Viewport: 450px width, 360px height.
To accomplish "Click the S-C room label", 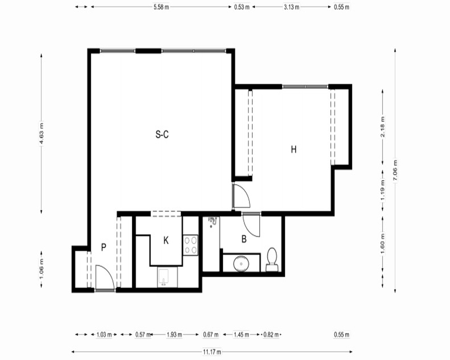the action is pyautogui.click(x=162, y=135).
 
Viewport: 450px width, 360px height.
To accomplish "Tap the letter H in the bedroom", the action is pyautogui.click(x=293, y=149).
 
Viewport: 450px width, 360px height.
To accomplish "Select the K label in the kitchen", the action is pyautogui.click(x=166, y=241).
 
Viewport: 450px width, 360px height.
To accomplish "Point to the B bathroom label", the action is pyautogui.click(x=244, y=239).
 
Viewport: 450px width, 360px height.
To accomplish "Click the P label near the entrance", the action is pyautogui.click(x=103, y=247).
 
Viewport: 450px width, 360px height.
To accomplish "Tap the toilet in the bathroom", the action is pyautogui.click(x=272, y=260).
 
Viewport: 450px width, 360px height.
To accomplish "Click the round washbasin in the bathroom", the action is pyautogui.click(x=241, y=264).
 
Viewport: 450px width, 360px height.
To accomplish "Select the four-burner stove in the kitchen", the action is pyautogui.click(x=190, y=245).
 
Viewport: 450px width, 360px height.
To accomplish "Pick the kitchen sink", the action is pyautogui.click(x=164, y=278).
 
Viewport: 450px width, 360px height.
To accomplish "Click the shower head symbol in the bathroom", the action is pyautogui.click(x=212, y=221).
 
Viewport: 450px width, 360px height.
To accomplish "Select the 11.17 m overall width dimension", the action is pyautogui.click(x=212, y=351).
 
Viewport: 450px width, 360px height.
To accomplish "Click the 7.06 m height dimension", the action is pyautogui.click(x=395, y=171).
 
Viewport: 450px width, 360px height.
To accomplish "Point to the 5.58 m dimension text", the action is pyautogui.click(x=161, y=7).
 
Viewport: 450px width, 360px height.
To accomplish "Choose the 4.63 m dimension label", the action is pyautogui.click(x=41, y=134).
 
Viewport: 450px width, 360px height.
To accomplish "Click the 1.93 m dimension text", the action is pyautogui.click(x=175, y=334).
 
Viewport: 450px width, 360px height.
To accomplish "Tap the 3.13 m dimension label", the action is pyautogui.click(x=292, y=7).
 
